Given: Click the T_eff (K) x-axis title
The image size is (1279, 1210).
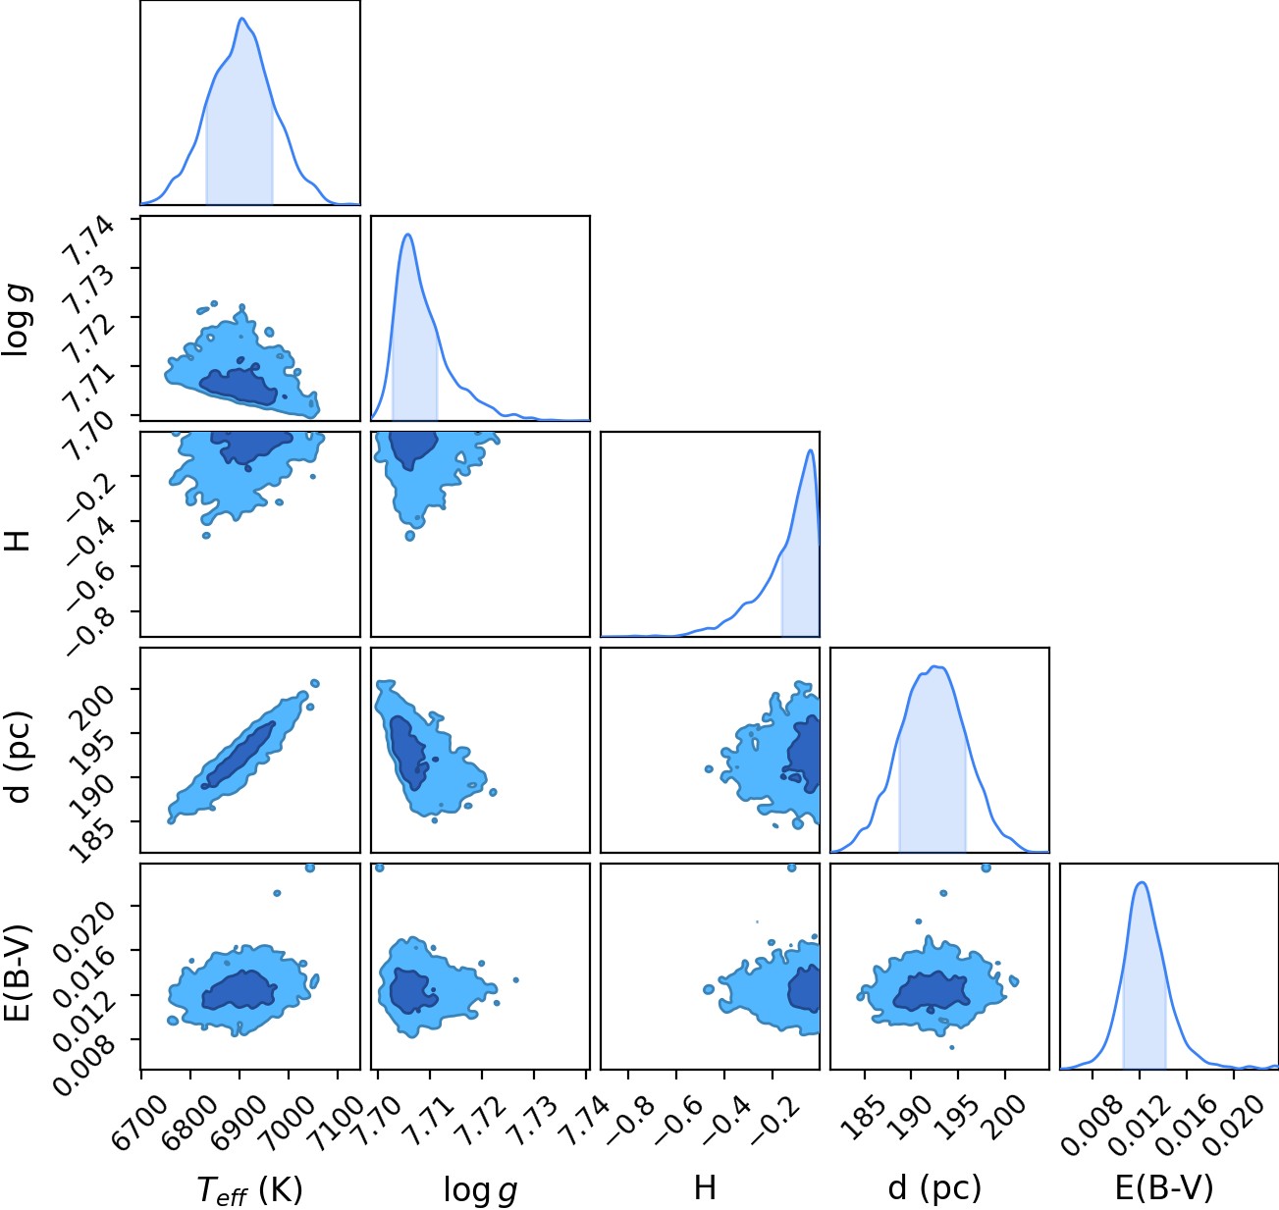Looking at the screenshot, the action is [x=250, y=1189].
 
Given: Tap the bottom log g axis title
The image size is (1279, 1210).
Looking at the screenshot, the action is [x=480, y=1190].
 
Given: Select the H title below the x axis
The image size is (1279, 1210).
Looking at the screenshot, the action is [x=705, y=1187].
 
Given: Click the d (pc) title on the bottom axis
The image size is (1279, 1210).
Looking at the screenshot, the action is [x=934, y=1187].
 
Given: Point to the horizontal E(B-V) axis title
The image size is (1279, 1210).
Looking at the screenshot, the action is [x=1164, y=1187].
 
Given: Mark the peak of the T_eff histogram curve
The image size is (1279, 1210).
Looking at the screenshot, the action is [x=242, y=18].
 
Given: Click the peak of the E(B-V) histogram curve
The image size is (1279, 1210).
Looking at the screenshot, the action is [x=1142, y=882].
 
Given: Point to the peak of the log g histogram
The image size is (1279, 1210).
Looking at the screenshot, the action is [x=408, y=235].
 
